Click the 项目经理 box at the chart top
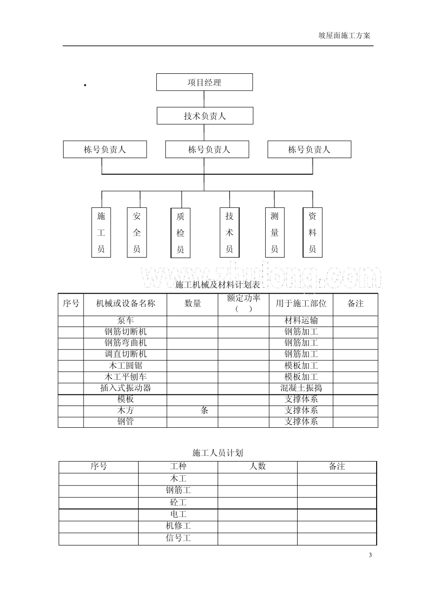tap(204, 82)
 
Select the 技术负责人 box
tap(205, 116)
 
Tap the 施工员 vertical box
tap(101, 232)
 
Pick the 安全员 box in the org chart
tap(137, 232)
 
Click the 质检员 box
tap(180, 233)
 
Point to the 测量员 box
tap(275, 232)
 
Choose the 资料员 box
tap(312, 232)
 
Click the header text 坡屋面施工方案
tap(344, 36)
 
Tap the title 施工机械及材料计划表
tap(218, 285)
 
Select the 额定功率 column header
tap(243, 303)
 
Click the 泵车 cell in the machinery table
tap(125, 321)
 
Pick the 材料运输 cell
tap(301, 321)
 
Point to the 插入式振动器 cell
tap(125, 388)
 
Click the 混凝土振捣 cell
tap(301, 388)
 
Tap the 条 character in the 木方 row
tap(204, 410)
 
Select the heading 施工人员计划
tap(218, 453)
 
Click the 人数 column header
tap(258, 466)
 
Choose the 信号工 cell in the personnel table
tap(178, 538)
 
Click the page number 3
tap(370, 555)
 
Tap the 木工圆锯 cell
tap(125, 366)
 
